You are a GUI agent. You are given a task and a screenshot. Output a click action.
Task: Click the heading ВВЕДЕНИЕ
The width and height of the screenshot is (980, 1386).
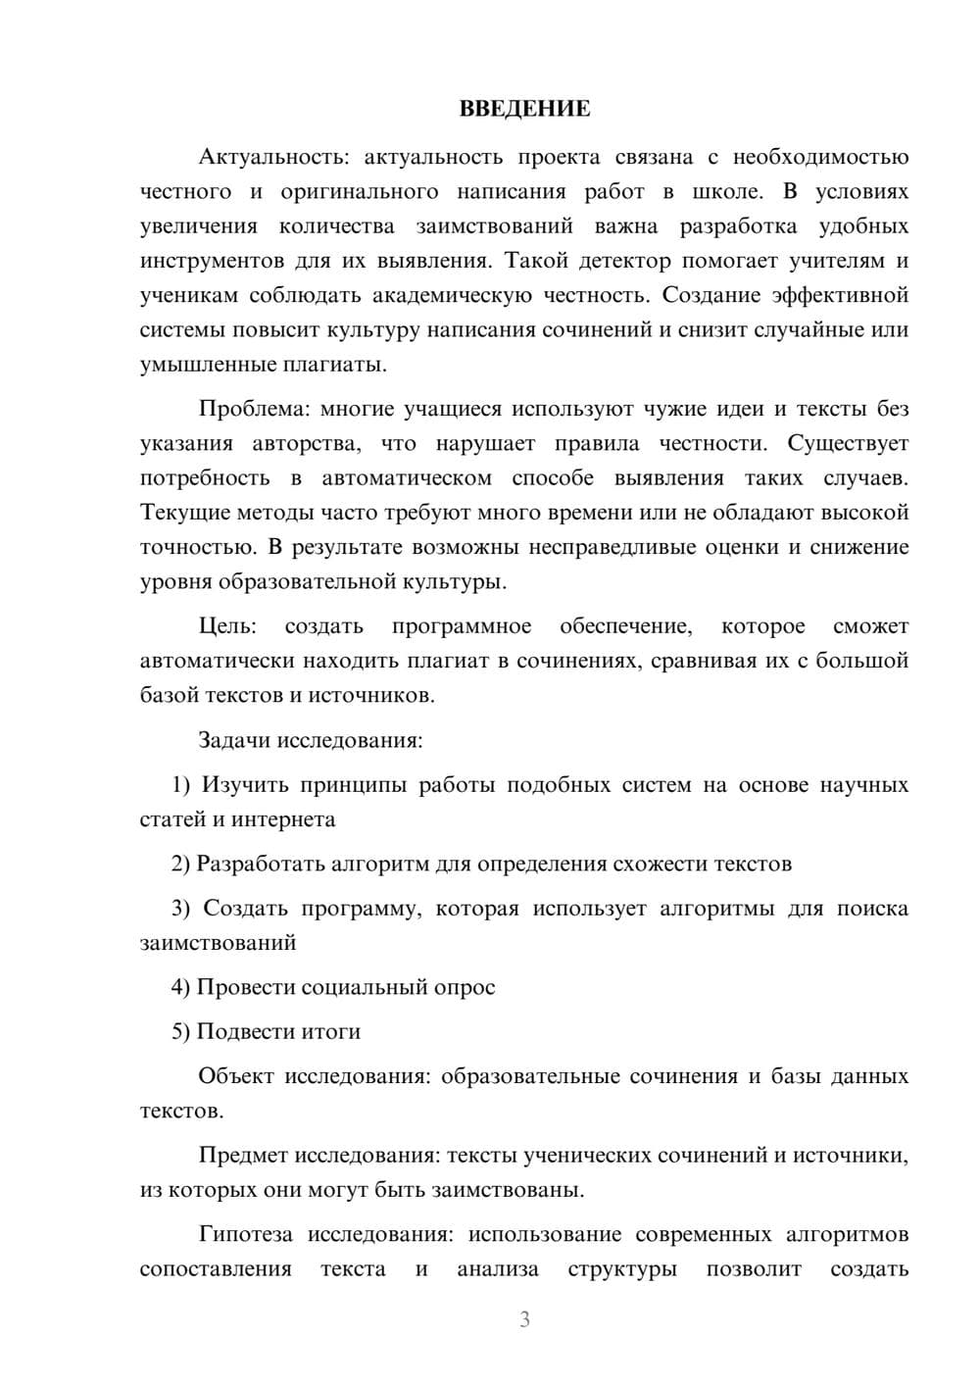524,109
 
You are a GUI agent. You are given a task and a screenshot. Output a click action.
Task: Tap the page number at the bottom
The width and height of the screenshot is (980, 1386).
524,1319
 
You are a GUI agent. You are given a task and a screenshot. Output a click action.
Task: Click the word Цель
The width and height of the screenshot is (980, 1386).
226,626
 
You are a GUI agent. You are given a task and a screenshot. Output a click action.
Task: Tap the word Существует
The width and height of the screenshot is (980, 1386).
848,444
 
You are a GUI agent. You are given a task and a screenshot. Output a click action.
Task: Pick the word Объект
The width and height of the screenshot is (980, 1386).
236,1077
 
